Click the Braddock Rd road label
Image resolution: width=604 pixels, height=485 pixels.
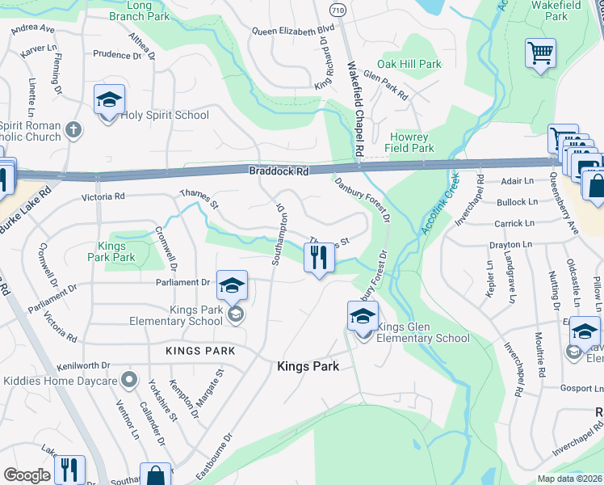279,171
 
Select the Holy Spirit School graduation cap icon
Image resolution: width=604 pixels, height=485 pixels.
109,100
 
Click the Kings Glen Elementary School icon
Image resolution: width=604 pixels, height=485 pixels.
363,318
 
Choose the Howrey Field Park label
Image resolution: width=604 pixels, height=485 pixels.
412,142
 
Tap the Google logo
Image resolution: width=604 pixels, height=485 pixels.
27,475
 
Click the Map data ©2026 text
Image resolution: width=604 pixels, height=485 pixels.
568,479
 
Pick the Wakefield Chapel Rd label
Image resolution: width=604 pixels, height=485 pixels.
355,109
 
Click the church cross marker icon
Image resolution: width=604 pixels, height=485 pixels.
73,129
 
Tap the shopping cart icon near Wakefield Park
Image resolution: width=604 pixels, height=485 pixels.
540,54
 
